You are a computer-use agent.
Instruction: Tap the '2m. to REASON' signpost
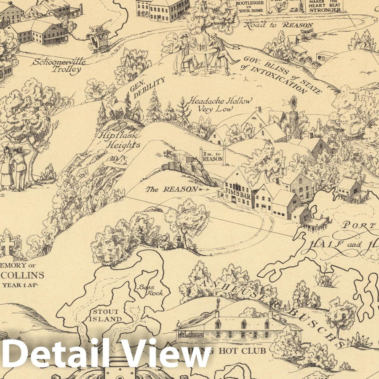click(213, 156)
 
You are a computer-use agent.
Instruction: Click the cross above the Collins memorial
click(8, 245)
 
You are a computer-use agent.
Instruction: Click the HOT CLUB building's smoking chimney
click(217, 305)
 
